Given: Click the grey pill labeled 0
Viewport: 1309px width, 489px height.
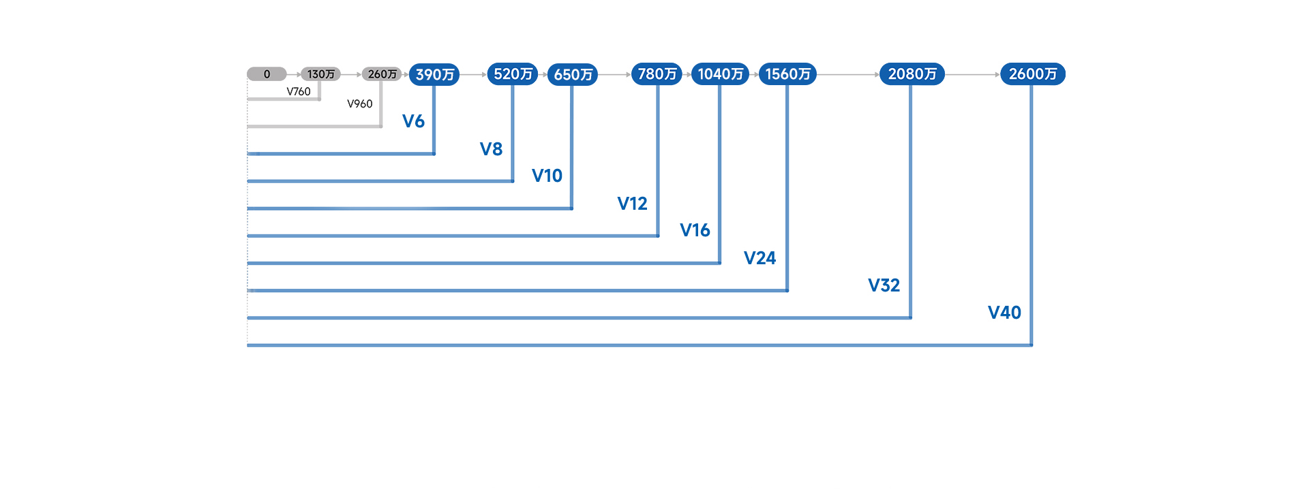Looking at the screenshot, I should tap(267, 74).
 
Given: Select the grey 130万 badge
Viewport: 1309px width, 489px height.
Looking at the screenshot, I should tap(320, 74).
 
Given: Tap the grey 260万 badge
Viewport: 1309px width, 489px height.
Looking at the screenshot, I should tap(382, 74).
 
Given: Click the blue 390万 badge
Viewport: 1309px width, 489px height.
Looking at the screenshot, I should tap(434, 74).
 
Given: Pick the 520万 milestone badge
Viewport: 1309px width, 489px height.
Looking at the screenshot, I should tap(513, 74).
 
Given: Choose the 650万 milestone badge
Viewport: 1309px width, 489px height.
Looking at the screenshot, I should tap(573, 74).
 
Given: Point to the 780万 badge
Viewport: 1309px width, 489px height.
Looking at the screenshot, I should tap(657, 74).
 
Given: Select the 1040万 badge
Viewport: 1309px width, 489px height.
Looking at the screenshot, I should tap(720, 74).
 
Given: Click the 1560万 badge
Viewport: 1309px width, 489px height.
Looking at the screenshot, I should tap(787, 74).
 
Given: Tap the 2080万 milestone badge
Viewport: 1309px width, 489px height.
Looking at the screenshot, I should tap(912, 74).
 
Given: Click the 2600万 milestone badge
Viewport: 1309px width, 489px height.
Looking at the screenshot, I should tap(1032, 74).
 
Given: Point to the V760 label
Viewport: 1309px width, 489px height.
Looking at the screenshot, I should tap(299, 92).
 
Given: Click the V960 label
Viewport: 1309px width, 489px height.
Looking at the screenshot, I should tap(360, 104).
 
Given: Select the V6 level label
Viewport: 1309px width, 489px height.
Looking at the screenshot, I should tap(413, 121).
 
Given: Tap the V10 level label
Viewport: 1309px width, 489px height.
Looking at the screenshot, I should tap(547, 176).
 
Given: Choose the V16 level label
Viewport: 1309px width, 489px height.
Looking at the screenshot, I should tap(695, 230).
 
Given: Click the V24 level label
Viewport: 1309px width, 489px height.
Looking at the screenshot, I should tap(759, 258).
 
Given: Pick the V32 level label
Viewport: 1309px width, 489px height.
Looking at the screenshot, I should tap(884, 285).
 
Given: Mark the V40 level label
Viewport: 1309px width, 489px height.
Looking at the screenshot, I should tap(1004, 313).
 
